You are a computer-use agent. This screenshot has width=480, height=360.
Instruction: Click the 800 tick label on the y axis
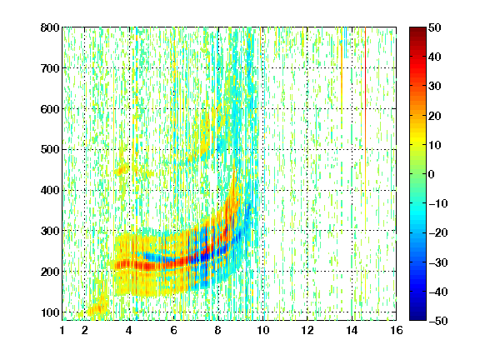click(x=50, y=27)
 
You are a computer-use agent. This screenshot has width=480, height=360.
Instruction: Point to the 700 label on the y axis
click(x=50, y=68)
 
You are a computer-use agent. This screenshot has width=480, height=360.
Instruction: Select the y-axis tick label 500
click(x=50, y=150)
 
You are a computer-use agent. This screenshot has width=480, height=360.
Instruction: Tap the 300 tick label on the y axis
click(x=50, y=231)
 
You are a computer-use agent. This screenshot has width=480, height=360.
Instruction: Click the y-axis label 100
click(x=50, y=312)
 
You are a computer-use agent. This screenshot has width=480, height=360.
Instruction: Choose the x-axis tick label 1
click(x=62, y=330)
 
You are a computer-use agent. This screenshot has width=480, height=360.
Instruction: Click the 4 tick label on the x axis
click(x=129, y=330)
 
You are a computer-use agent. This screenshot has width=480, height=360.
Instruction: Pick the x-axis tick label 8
click(x=217, y=330)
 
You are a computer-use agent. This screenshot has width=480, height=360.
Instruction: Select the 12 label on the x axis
click(x=307, y=330)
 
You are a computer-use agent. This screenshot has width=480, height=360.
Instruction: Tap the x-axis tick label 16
click(x=396, y=330)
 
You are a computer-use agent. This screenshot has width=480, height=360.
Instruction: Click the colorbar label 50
click(x=435, y=27)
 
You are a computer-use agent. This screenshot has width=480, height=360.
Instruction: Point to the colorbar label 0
click(x=432, y=174)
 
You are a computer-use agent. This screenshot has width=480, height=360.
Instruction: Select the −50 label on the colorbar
click(x=438, y=321)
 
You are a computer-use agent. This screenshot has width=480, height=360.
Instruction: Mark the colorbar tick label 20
click(x=435, y=116)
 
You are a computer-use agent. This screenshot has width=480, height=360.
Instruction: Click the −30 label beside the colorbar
click(x=438, y=262)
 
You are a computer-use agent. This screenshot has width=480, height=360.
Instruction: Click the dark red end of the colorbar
click(x=417, y=30)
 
